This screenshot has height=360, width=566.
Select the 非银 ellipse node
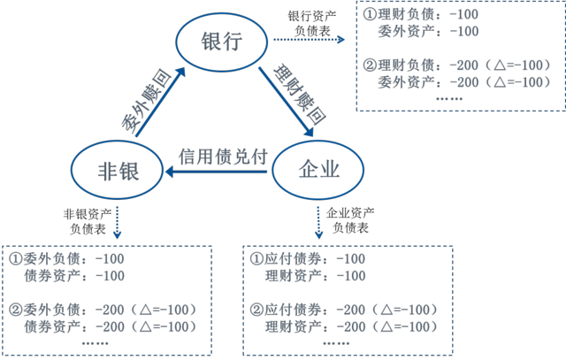tap(117, 170)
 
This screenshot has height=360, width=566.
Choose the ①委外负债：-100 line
tap(67, 258)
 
